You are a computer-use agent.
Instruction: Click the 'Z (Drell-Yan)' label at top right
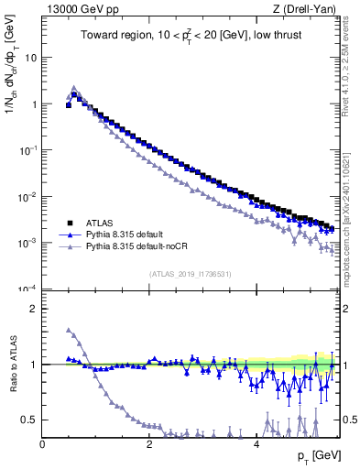309,8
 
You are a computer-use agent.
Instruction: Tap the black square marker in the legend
69,223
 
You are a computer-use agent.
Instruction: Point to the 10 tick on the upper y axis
30,57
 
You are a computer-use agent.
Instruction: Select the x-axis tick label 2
149,444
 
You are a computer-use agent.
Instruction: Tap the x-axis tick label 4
256,444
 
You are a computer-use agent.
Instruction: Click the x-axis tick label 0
43,444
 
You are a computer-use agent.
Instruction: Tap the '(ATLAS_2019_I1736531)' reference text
191,273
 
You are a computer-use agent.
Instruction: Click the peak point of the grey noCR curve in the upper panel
74,88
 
